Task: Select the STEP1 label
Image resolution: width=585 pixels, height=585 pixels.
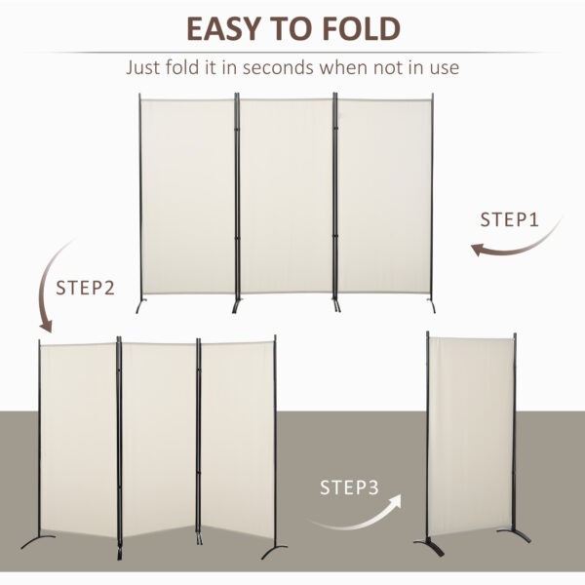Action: coord(509,219)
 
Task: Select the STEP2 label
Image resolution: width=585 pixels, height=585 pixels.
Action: coord(85,288)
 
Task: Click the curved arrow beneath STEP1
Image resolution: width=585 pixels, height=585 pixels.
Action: coord(517,244)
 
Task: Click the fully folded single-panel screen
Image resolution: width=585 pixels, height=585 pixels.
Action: coord(470,429)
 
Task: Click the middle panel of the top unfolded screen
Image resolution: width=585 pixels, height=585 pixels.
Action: coord(287,195)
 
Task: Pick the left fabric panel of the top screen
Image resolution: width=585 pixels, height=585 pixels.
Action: coord(188,195)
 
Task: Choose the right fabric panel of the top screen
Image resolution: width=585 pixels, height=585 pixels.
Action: coord(383,195)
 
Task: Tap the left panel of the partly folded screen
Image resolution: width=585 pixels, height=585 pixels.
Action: coord(78,439)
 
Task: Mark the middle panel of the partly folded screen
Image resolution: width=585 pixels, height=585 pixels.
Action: coord(158,439)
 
